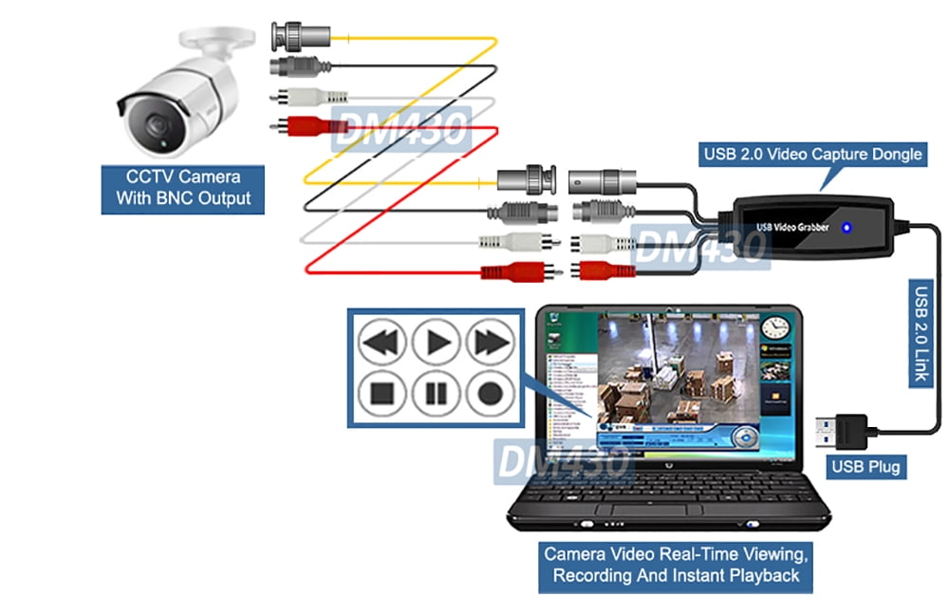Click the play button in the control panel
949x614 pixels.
click(x=437, y=340)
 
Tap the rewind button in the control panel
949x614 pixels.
click(x=382, y=340)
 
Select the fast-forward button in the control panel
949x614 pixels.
click(x=490, y=340)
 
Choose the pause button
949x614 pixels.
click(x=437, y=392)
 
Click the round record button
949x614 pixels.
click(x=490, y=392)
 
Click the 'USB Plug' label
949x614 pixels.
click(x=865, y=466)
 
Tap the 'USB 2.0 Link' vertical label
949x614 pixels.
click(x=920, y=332)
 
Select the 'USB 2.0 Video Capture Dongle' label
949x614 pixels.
click(x=811, y=153)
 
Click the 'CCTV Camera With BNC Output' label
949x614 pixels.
click(x=183, y=187)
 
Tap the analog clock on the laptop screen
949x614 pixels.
click(x=775, y=326)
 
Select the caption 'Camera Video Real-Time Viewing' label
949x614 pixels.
click(x=676, y=564)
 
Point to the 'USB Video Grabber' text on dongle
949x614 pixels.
click(x=792, y=227)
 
